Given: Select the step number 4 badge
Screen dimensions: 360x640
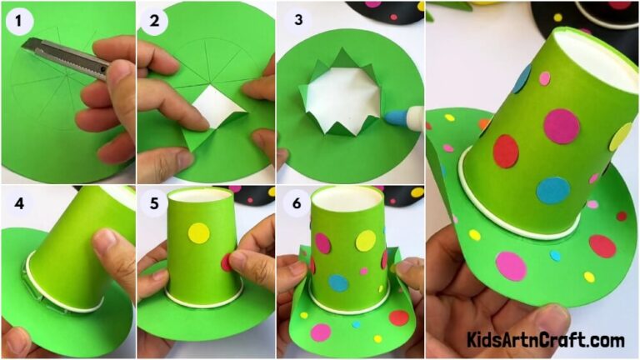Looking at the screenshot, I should pyautogui.click(x=16, y=204).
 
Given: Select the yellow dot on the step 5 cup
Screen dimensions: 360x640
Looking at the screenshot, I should pyautogui.click(x=198, y=232).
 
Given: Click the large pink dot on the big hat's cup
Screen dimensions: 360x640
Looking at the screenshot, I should pyautogui.click(x=562, y=126).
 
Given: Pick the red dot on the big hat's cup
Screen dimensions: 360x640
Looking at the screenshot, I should pyautogui.click(x=506, y=151).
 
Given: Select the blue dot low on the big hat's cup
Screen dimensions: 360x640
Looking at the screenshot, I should pyautogui.click(x=552, y=190).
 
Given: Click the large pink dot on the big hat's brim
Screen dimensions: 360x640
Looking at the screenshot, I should pyautogui.click(x=511, y=266).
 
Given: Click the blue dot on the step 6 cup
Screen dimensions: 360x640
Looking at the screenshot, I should pyautogui.click(x=337, y=282).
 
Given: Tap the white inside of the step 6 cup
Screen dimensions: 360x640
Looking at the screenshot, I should pyautogui.click(x=349, y=200).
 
